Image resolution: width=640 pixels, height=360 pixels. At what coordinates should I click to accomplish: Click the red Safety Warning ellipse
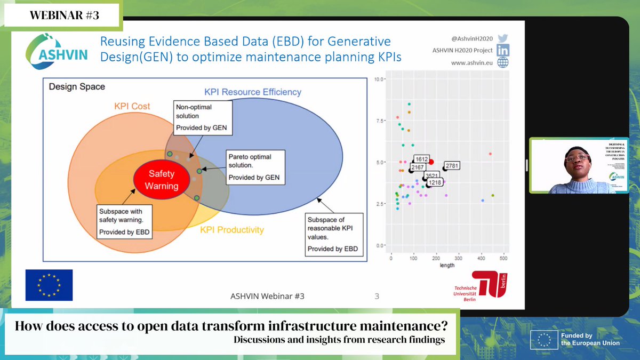click(x=162, y=180)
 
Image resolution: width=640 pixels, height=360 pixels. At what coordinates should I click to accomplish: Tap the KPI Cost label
click(x=132, y=106)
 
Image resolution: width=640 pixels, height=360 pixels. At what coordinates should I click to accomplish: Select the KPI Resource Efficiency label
click(x=253, y=92)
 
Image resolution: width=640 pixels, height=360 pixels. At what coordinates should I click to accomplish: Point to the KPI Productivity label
click(x=231, y=230)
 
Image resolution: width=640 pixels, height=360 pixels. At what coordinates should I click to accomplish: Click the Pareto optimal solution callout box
click(x=255, y=167)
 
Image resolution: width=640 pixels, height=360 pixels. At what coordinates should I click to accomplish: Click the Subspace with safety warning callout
click(x=125, y=222)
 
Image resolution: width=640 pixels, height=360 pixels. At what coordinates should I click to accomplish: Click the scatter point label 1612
click(x=422, y=159)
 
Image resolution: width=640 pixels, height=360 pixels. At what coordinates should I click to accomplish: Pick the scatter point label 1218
click(x=435, y=182)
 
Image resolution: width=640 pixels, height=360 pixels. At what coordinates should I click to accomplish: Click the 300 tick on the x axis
click(x=459, y=258)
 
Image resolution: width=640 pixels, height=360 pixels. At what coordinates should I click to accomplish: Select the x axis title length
click(x=447, y=265)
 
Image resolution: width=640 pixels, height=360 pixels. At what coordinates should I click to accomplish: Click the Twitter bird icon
click(x=502, y=38)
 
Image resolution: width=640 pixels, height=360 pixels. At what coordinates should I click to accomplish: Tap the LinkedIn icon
click(x=502, y=50)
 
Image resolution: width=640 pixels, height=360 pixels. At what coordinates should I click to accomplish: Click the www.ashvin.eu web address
click(x=471, y=62)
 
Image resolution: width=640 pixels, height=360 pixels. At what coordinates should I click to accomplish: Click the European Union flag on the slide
click(x=49, y=285)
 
